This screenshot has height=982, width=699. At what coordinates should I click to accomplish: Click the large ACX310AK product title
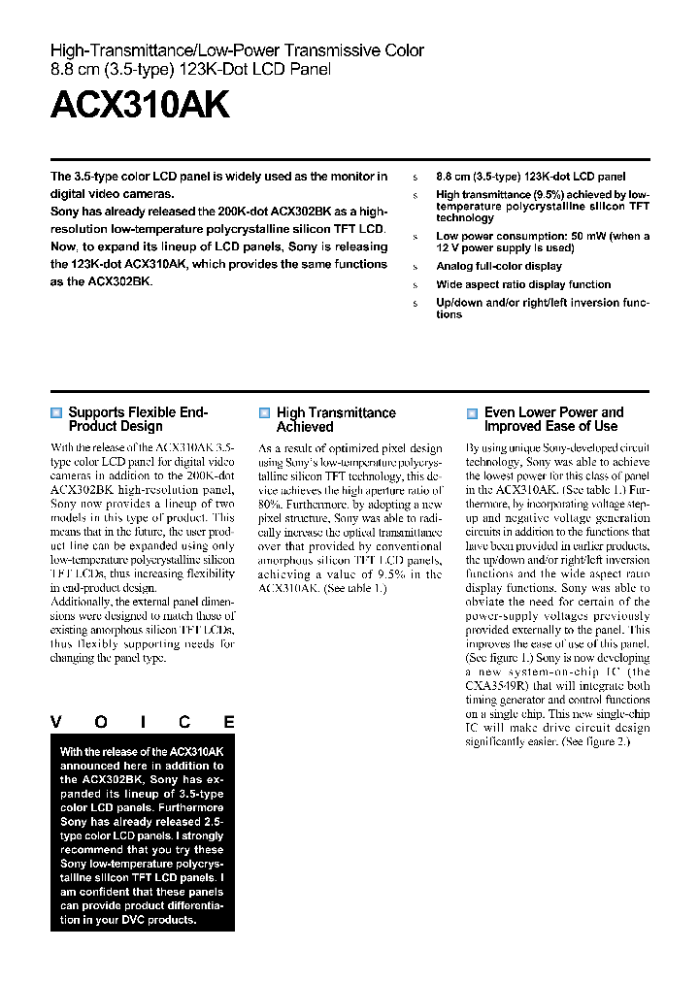click(x=140, y=106)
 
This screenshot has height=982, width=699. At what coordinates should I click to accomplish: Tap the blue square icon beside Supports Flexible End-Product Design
click(x=56, y=412)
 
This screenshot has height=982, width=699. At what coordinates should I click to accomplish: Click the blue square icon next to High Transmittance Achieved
click(x=264, y=412)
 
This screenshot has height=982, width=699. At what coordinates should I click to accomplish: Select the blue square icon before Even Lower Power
click(x=472, y=412)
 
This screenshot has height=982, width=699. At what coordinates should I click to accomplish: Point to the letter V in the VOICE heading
click(x=56, y=722)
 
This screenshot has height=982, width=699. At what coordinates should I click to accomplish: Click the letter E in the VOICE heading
click(x=229, y=722)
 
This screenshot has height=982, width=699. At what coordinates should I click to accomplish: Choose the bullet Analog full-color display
click(x=499, y=266)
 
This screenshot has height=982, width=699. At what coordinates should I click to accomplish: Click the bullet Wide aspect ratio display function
click(x=523, y=284)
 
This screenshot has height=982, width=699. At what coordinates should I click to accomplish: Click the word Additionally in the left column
click(x=80, y=603)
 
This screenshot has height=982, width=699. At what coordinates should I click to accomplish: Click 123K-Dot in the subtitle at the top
click(x=194, y=69)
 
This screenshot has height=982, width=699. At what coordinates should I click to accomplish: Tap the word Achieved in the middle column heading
click(x=305, y=427)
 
